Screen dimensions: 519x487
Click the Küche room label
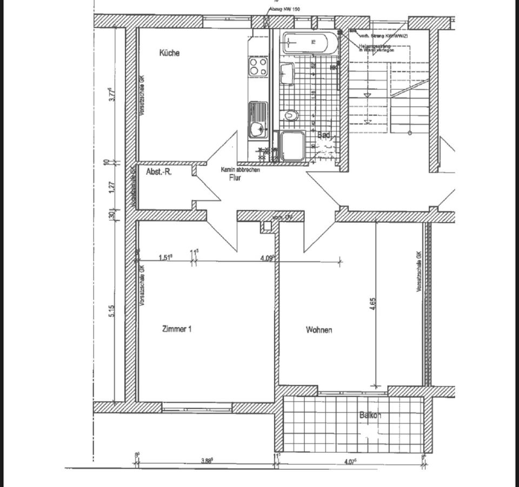click(169, 53)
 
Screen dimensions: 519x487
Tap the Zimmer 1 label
click(177, 329)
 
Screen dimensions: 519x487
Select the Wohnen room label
click(319, 330)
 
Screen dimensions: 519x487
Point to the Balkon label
click(370, 416)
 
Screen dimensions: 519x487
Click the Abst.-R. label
click(159, 172)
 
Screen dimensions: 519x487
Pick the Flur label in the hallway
click(235, 177)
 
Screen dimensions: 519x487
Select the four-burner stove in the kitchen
click(258, 67)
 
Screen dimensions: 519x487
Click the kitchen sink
click(258, 122)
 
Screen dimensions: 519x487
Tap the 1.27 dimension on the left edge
click(111, 187)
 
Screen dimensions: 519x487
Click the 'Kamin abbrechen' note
click(240, 169)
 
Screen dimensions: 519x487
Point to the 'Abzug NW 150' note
click(284, 9)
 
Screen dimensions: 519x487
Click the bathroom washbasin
click(287, 73)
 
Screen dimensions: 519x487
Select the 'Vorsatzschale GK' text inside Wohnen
click(418, 272)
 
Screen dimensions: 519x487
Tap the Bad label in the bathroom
click(324, 135)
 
